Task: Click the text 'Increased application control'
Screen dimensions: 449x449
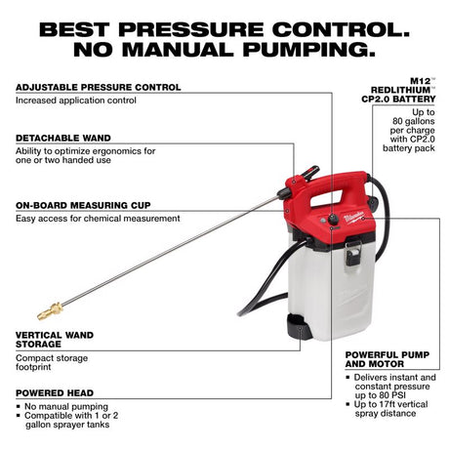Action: pyautogui.click(x=74, y=101)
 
